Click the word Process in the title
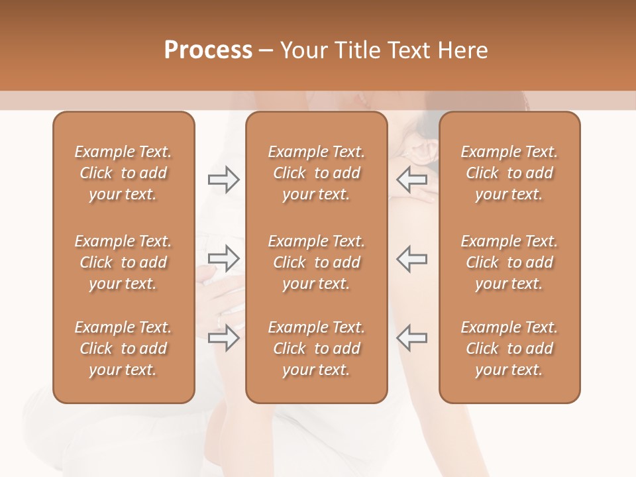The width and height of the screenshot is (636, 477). click(208, 50)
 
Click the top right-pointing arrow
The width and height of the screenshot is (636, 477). click(224, 179)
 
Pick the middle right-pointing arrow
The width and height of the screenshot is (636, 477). click(224, 258)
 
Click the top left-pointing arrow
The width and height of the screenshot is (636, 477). click(411, 179)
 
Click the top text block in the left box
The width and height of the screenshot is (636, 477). click(123, 173)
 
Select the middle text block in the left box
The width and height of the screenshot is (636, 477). click(123, 262)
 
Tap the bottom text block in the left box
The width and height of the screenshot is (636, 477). click(123, 348)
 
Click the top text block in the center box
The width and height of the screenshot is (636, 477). click(316, 173)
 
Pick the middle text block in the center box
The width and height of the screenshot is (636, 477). click(316, 262)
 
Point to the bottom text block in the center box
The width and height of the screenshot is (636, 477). click(316, 348)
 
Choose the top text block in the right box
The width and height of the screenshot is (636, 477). click(509, 173)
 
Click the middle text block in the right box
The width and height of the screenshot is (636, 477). click(509, 262)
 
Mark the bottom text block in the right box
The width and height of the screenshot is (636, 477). click(509, 348)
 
